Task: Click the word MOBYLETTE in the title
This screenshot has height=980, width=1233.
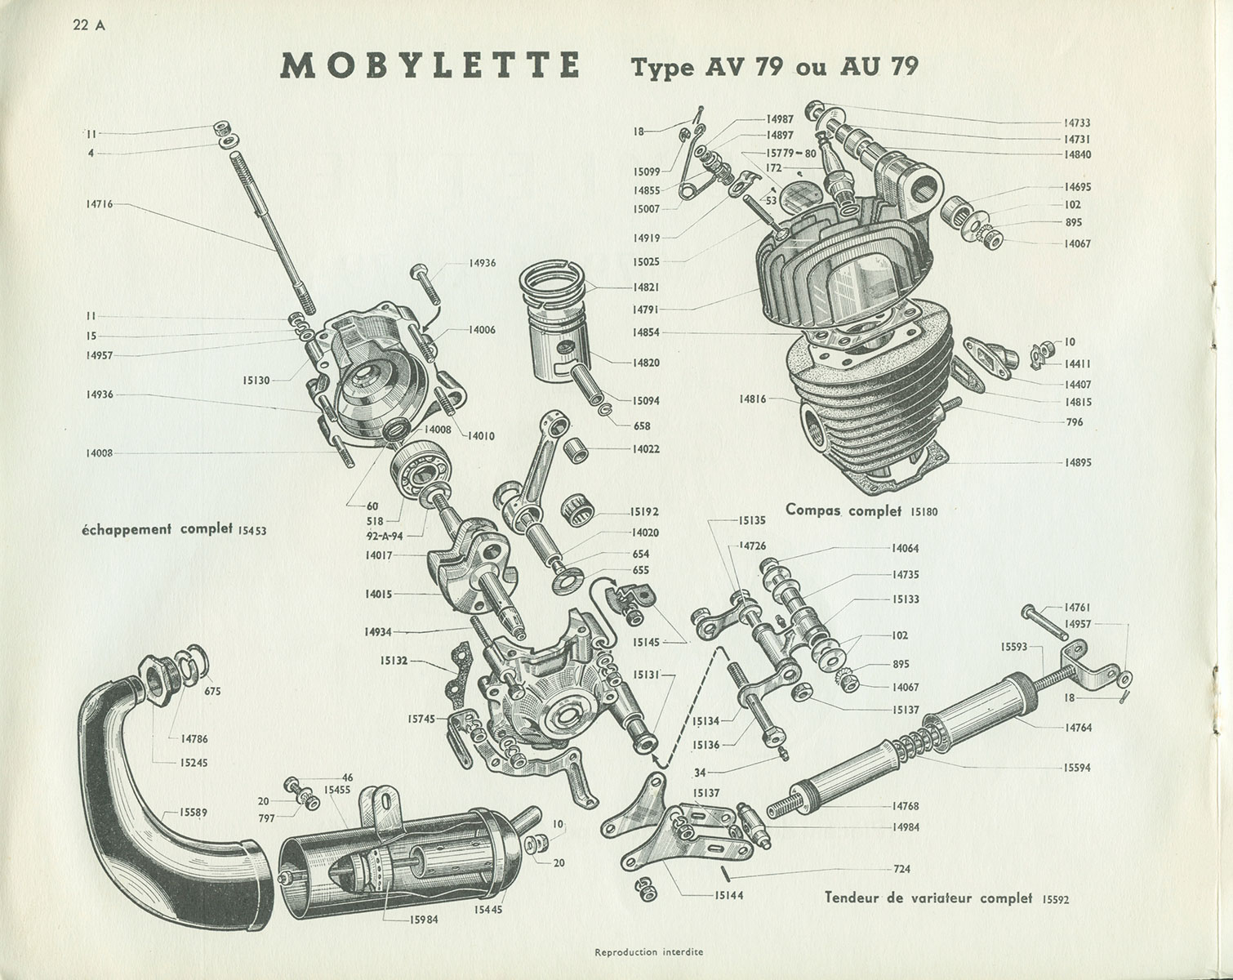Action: [430, 65]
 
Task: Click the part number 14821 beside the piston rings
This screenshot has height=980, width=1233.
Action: [645, 287]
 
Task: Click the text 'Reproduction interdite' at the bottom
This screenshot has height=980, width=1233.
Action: [649, 951]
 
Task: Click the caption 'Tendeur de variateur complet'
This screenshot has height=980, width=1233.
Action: [928, 898]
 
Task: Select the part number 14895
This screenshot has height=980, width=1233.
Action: [1078, 462]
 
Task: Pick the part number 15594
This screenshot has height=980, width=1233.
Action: [1078, 768]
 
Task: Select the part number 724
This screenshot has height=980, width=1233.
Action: [901, 869]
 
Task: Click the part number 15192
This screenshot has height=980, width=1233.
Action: [644, 512]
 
